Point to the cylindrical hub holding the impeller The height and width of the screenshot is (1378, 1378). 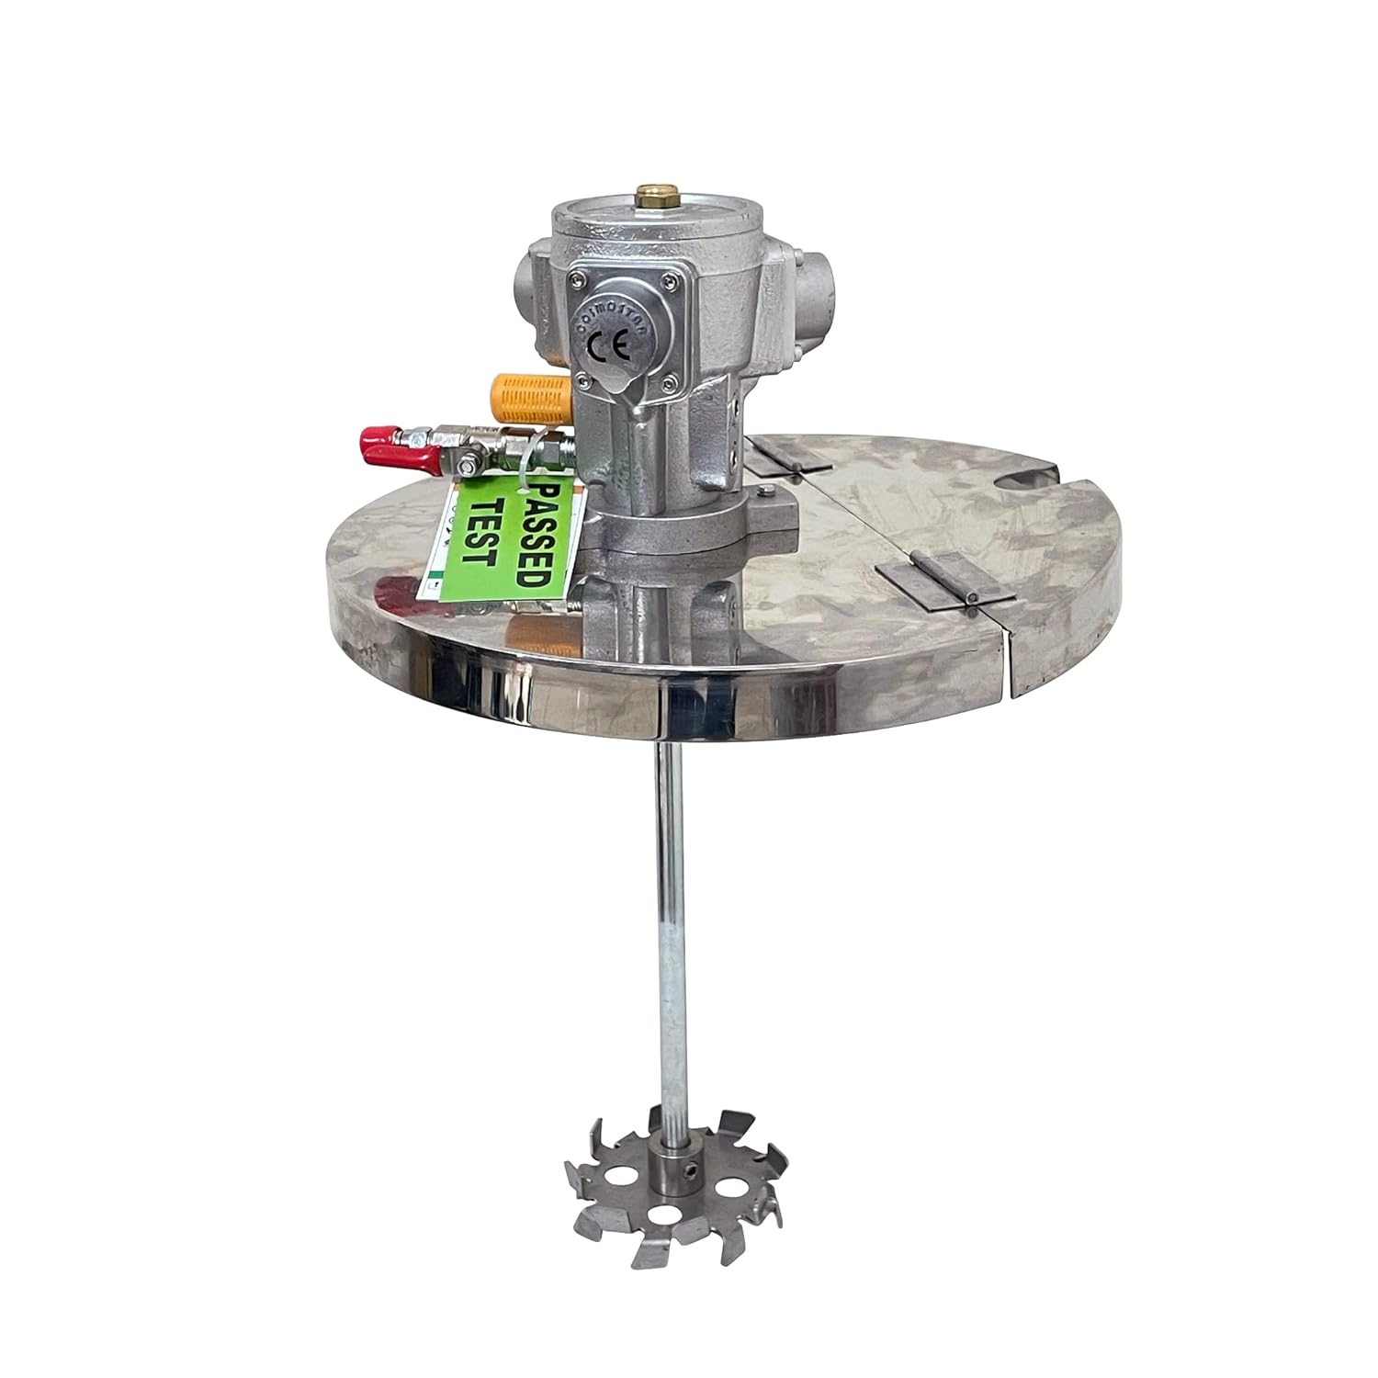(676, 1160)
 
